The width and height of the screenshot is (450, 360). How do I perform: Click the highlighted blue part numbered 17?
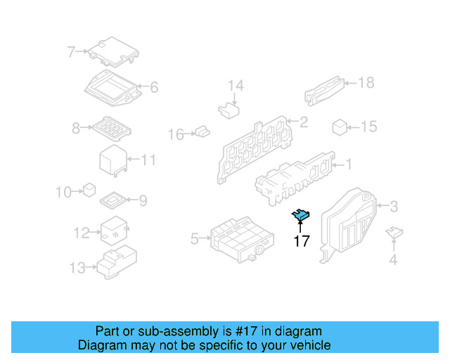pyautogui.click(x=302, y=214)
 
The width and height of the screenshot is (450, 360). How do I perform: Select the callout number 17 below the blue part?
pyautogui.click(x=302, y=241)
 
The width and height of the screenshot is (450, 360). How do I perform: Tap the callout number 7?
pyautogui.click(x=71, y=51)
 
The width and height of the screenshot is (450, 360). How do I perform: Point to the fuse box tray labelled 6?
pyautogui.click(x=112, y=88)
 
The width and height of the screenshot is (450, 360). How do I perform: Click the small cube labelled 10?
pyautogui.click(x=89, y=189)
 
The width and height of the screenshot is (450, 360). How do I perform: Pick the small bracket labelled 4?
pyautogui.click(x=395, y=233)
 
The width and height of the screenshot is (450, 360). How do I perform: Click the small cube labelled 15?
pyautogui.click(x=340, y=127)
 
